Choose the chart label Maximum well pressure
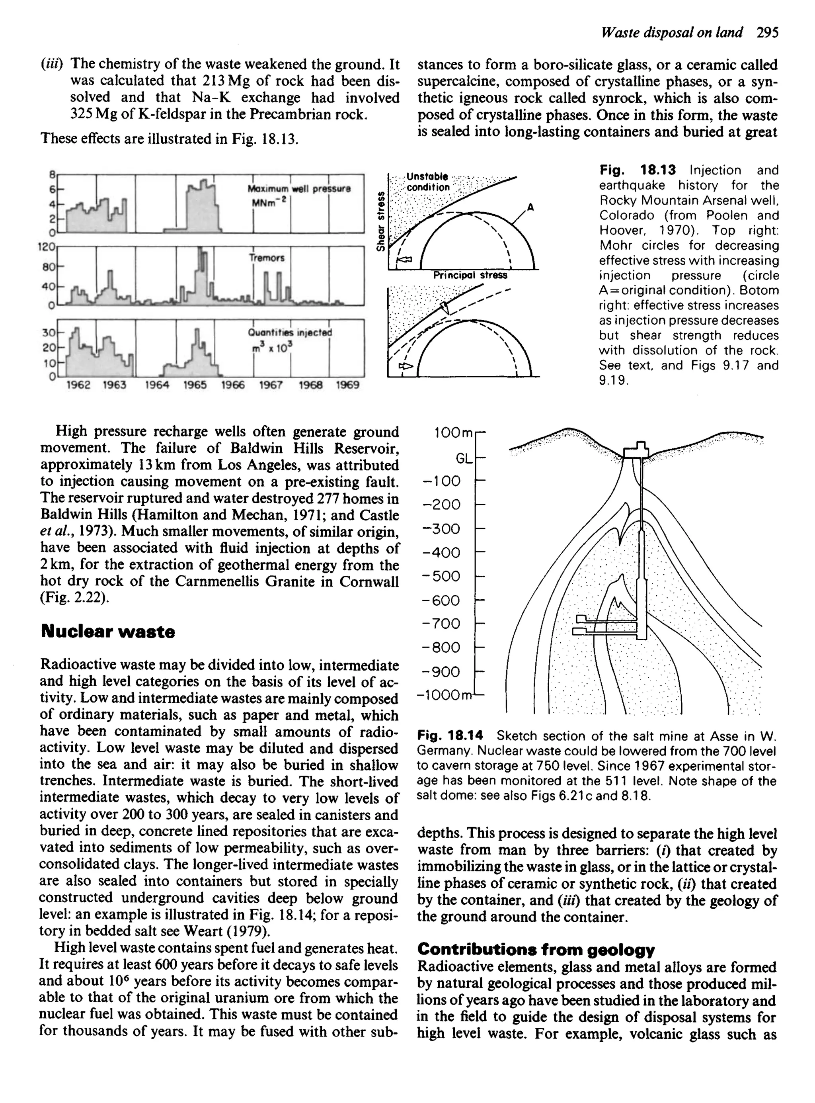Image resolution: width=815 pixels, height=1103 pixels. [299, 188]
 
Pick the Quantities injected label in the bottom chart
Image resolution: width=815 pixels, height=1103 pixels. [290, 332]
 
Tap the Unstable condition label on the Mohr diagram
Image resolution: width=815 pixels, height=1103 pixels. [428, 182]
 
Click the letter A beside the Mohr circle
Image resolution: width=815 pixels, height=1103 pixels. [530, 208]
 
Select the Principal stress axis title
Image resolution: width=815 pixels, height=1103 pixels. [470, 276]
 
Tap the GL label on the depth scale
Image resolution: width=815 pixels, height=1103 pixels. [464, 459]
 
